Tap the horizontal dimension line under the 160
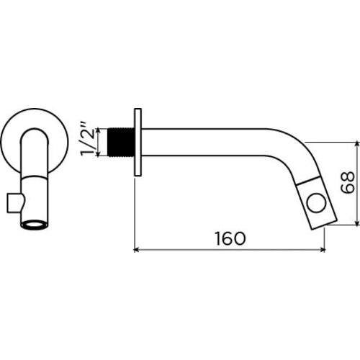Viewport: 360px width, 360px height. (230, 251)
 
